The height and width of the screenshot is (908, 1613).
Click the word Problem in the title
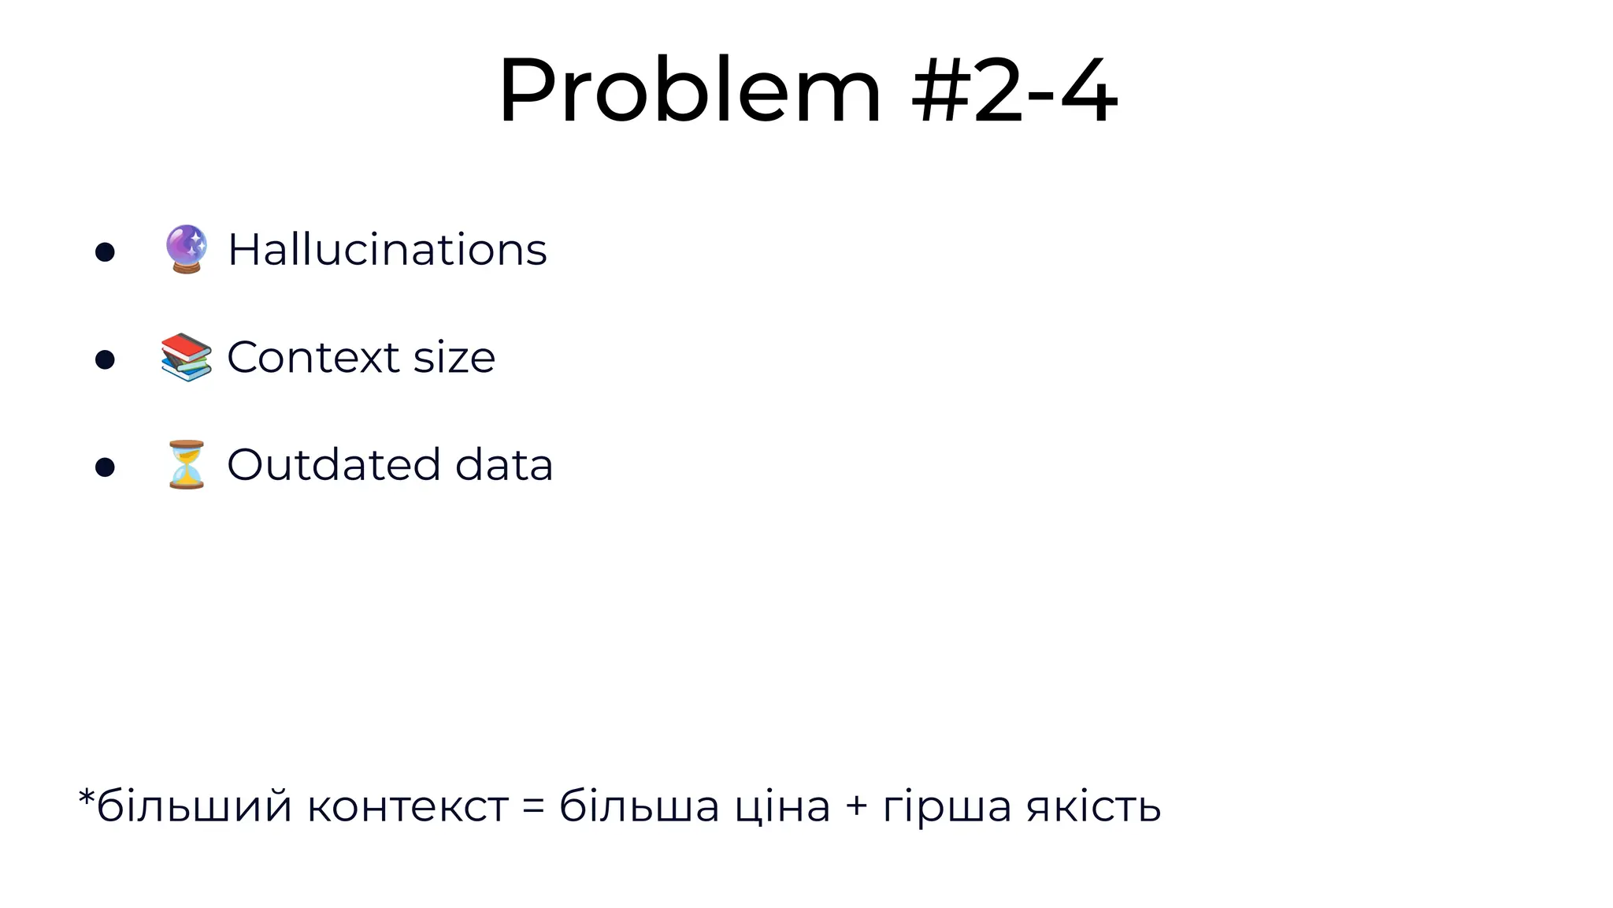click(689, 91)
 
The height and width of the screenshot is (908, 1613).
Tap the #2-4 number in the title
click(1014, 91)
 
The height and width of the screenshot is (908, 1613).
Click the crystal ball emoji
click(187, 249)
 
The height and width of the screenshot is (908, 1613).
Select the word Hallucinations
click(387, 250)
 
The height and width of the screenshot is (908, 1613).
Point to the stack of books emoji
click(187, 357)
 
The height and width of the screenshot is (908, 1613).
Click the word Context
click(313, 357)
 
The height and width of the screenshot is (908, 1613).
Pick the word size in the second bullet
click(454, 357)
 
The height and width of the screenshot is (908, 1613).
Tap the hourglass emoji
click(187, 465)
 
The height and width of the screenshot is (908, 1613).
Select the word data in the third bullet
click(504, 464)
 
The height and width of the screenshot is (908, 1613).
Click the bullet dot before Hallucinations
click(105, 252)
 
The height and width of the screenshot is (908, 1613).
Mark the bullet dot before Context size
click(105, 360)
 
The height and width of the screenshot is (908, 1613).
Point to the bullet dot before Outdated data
click(105, 467)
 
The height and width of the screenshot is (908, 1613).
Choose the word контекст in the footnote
click(407, 807)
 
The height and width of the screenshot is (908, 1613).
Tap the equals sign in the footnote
click(533, 807)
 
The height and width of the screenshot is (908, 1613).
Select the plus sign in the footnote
click(856, 807)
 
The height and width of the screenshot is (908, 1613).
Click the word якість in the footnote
click(1094, 807)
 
